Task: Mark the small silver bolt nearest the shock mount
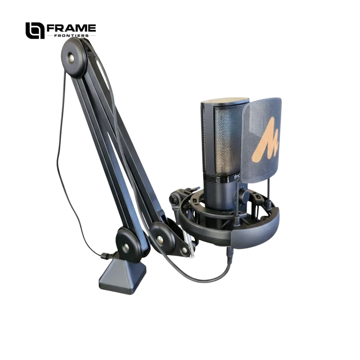184,249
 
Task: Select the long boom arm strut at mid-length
108,144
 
